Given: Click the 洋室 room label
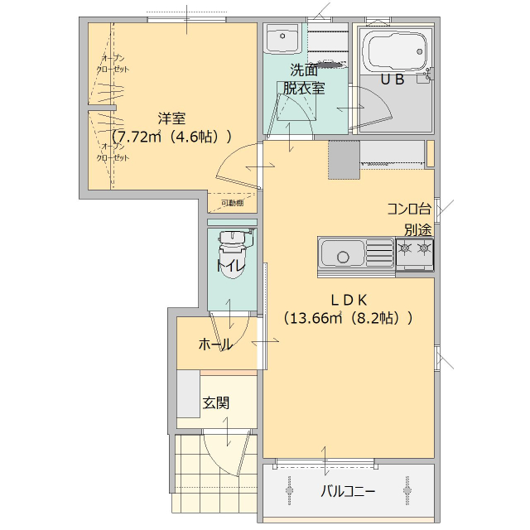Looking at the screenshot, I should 172,118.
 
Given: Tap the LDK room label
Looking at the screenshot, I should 349,299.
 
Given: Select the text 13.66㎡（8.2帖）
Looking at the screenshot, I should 348,317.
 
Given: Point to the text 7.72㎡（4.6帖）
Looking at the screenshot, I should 171,137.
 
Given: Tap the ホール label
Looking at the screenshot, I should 214,344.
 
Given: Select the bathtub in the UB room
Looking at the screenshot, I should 396,52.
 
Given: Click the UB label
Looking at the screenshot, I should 392,79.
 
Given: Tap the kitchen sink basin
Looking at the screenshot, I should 341,252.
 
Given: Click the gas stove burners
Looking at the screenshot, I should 414,248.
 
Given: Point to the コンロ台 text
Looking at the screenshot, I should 408,209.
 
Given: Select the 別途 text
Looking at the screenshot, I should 417,229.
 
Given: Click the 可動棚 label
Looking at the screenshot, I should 232,203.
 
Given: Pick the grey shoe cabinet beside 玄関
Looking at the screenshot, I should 188,398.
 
